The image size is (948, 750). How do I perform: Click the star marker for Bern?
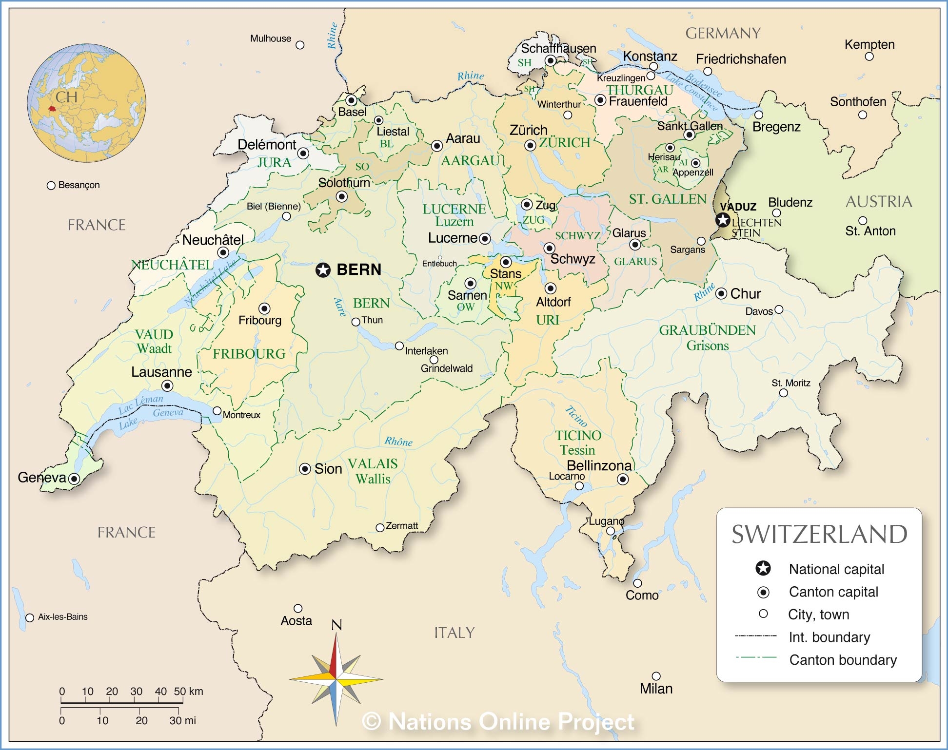click(323, 269)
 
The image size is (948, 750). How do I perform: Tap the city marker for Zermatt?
click(380, 528)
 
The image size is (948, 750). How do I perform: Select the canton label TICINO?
click(578, 435)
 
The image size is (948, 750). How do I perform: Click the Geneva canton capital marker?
click(74, 479)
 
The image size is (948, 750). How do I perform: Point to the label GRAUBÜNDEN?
click(707, 330)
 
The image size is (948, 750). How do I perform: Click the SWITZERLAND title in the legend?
click(819, 534)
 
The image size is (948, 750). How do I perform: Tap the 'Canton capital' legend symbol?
click(763, 592)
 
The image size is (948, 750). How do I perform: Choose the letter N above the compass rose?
click(336, 625)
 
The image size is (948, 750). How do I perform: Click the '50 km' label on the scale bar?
click(188, 691)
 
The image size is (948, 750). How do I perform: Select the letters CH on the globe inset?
click(66, 97)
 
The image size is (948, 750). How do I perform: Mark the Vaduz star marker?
click(723, 220)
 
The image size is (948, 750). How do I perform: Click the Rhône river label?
click(398, 442)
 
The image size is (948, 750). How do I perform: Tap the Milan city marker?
click(656, 676)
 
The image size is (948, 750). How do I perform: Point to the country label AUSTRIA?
click(879, 201)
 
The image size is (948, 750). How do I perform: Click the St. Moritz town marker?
click(784, 393)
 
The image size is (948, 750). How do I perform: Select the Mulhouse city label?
click(271, 38)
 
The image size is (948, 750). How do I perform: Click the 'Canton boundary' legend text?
click(843, 660)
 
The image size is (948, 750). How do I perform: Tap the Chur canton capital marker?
click(721, 294)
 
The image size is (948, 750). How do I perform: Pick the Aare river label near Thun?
click(340, 307)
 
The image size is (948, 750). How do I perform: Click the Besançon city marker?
click(51, 186)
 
